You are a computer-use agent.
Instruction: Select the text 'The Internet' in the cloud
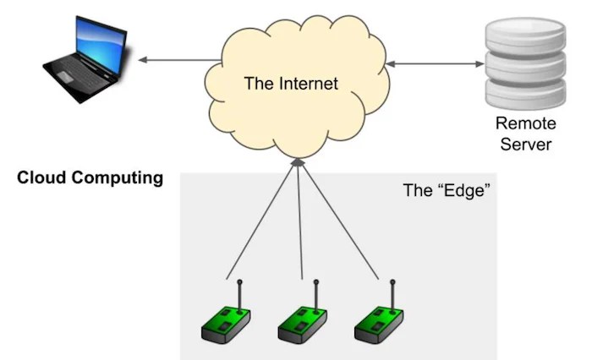click(290, 84)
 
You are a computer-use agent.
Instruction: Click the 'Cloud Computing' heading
click(90, 178)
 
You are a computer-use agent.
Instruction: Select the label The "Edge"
click(447, 190)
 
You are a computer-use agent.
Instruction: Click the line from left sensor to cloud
click(262, 221)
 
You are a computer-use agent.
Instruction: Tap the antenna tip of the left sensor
click(239, 282)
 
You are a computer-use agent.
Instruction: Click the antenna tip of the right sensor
click(392, 282)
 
